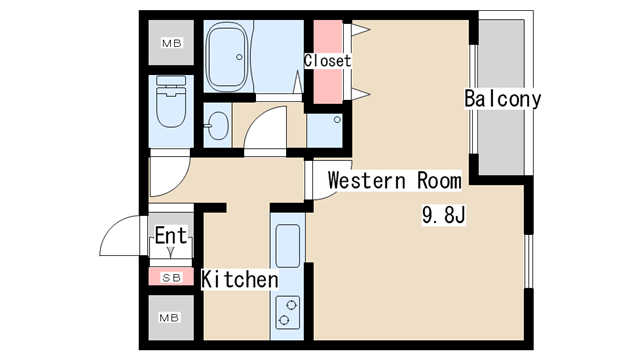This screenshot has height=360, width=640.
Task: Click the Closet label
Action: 328,61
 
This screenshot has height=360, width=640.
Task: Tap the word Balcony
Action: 502,99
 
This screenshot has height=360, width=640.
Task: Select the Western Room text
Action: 394,181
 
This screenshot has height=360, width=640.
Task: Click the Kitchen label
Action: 240,279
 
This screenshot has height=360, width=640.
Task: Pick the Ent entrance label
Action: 171,238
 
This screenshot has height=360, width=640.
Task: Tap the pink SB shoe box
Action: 171,277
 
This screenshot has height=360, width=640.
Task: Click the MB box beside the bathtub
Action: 171,43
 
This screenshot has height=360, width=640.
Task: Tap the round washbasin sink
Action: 217,126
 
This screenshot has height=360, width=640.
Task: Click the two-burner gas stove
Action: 287,312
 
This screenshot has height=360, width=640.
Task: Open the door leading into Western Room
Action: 322,181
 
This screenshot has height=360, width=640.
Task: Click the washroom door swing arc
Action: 266,129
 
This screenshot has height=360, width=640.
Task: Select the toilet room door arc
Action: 166,178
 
